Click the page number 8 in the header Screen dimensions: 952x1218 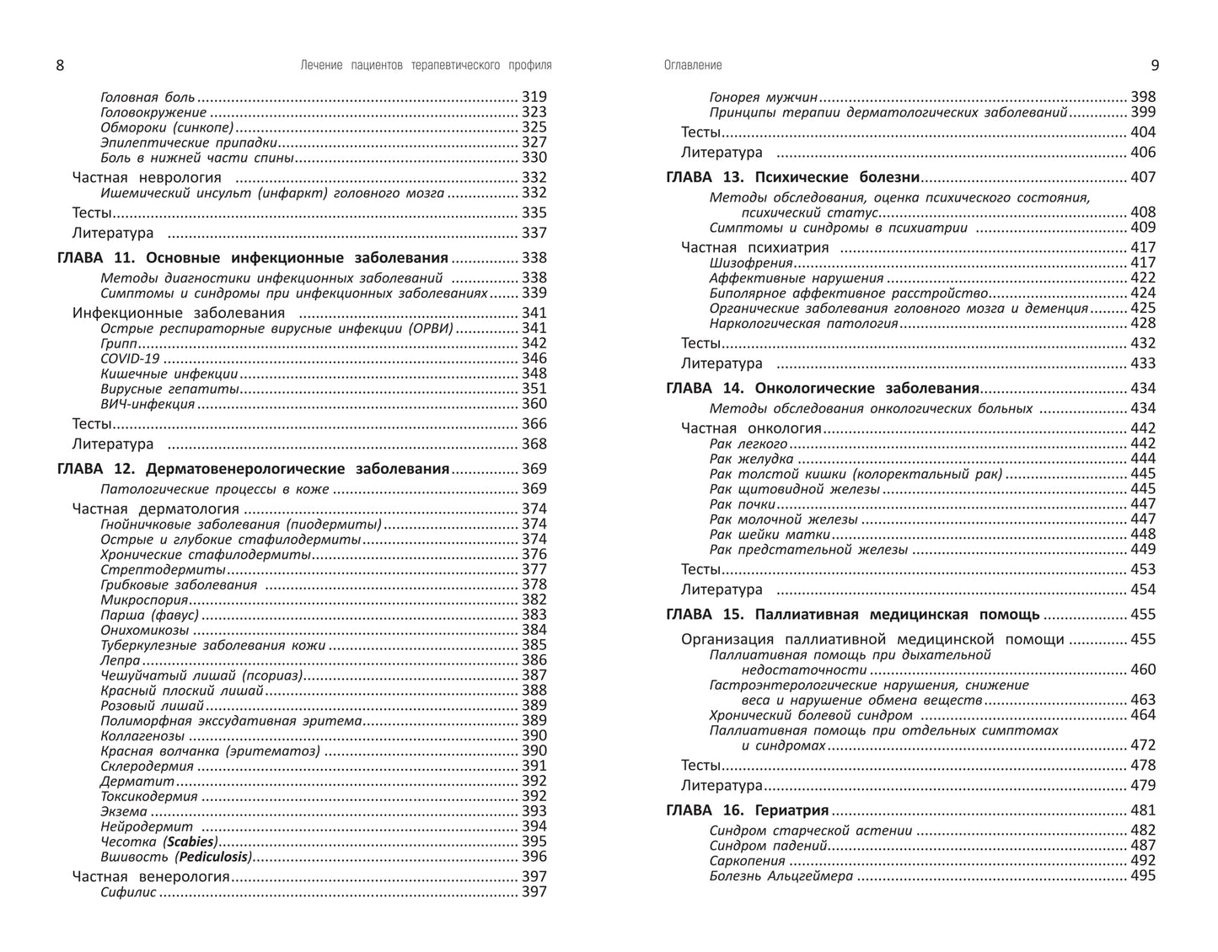click(60, 66)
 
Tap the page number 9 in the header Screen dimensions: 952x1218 click(1155, 66)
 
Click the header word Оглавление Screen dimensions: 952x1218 click(693, 65)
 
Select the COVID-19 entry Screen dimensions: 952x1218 click(130, 358)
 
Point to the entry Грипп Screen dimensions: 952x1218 click(119, 343)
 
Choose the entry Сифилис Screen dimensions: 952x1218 click(128, 892)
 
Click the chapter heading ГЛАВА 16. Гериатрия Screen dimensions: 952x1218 click(748, 810)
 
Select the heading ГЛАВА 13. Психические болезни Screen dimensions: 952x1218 click(792, 177)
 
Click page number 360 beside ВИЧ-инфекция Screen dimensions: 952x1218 click(534, 404)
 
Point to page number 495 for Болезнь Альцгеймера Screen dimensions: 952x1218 click(1143, 876)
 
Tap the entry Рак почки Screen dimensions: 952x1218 click(742, 504)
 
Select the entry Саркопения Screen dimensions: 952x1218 click(747, 861)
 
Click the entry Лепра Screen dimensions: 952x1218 click(121, 660)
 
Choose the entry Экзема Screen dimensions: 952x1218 click(124, 811)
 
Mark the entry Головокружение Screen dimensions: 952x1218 click(153, 112)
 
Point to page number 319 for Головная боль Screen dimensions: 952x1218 click(534, 97)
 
